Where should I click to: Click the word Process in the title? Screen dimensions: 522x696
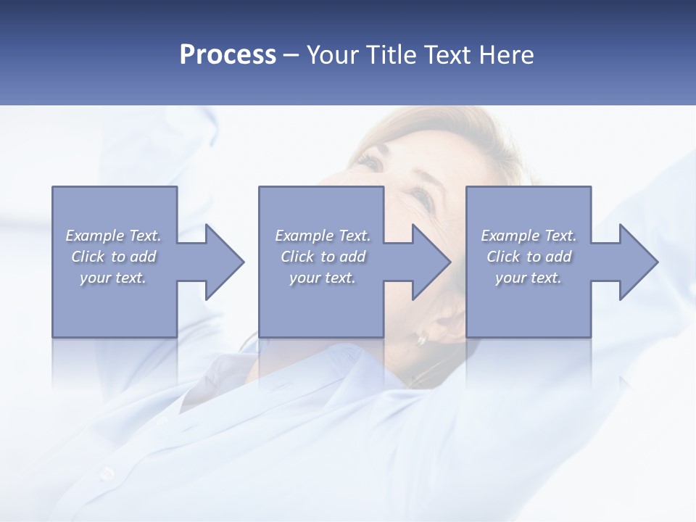click(x=228, y=55)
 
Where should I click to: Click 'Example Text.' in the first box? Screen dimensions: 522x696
click(x=113, y=236)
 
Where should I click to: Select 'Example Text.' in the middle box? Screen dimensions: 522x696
click(x=323, y=236)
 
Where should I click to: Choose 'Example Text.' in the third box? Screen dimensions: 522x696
click(x=529, y=236)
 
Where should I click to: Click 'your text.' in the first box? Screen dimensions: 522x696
click(x=113, y=278)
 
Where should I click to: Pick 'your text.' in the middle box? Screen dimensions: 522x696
click(x=323, y=278)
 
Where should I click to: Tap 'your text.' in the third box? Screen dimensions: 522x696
click(x=529, y=278)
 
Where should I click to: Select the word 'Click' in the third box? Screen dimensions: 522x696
click(x=503, y=257)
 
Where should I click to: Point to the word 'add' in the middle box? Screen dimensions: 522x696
click(x=352, y=257)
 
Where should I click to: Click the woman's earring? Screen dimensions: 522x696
click(x=421, y=339)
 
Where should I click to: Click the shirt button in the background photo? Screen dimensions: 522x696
click(x=107, y=473)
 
